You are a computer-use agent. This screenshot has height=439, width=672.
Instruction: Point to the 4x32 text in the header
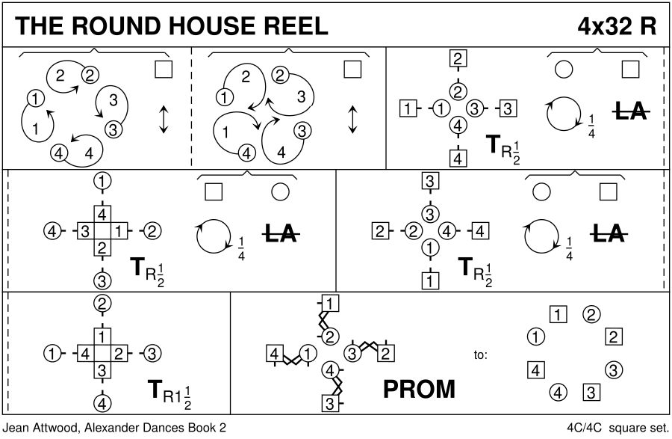coord(603,26)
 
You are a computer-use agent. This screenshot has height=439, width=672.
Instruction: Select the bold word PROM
coord(419,389)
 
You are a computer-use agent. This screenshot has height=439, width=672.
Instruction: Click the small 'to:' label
coord(481,354)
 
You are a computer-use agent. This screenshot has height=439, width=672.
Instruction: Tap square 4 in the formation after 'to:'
coord(534,369)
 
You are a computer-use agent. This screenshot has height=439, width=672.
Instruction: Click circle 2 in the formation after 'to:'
coord(590,314)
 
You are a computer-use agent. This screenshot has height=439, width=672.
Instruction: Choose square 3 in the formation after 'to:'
coord(589,390)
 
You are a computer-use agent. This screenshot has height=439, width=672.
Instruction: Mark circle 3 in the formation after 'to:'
coord(613,369)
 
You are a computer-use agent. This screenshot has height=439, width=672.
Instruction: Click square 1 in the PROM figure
coord(332,304)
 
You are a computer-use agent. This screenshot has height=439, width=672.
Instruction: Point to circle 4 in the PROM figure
coord(329,369)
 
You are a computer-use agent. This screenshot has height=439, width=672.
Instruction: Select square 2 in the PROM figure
coord(386,352)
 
